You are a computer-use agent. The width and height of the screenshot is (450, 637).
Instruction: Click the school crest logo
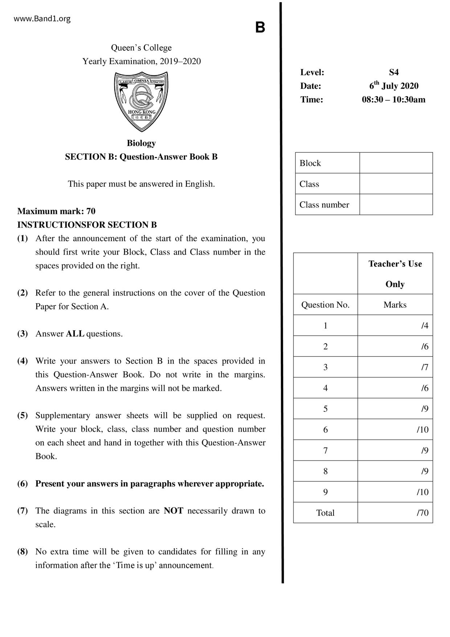coord(141,101)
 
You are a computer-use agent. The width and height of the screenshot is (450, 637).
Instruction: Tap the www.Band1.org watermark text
coord(42,19)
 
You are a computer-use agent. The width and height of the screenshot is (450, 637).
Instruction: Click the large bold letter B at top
coord(260,28)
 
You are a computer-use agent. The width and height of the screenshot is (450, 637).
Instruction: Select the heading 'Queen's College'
coord(141,48)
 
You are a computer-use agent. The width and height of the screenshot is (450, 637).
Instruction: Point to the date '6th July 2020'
coord(394,86)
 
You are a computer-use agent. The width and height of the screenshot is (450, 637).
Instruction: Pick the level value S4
coord(394,72)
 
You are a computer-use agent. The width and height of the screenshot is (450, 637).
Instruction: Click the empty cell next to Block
coord(396,163)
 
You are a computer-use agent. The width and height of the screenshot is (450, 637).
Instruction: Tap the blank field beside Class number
coord(396,204)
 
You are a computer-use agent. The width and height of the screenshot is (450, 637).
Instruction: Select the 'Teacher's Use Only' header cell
coord(395,273)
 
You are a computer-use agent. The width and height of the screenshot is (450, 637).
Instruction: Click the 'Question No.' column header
coord(325,305)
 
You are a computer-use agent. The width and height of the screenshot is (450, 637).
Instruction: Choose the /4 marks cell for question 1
coord(395,325)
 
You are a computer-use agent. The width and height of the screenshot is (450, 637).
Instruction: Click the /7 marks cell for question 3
coord(395,367)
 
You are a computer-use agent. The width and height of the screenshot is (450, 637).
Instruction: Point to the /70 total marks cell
coord(395,513)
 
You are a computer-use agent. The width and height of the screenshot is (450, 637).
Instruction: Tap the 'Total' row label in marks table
coord(325,513)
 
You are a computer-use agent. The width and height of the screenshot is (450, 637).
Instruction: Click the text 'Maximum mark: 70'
coord(56,211)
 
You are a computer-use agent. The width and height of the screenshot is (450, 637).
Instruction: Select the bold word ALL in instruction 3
coord(75,334)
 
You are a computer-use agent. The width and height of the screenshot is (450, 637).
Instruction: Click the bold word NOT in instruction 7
coord(173,511)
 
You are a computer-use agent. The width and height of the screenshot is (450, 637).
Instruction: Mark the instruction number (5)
coord(22,415)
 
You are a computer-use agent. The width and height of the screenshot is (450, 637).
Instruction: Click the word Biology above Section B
coord(141,143)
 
